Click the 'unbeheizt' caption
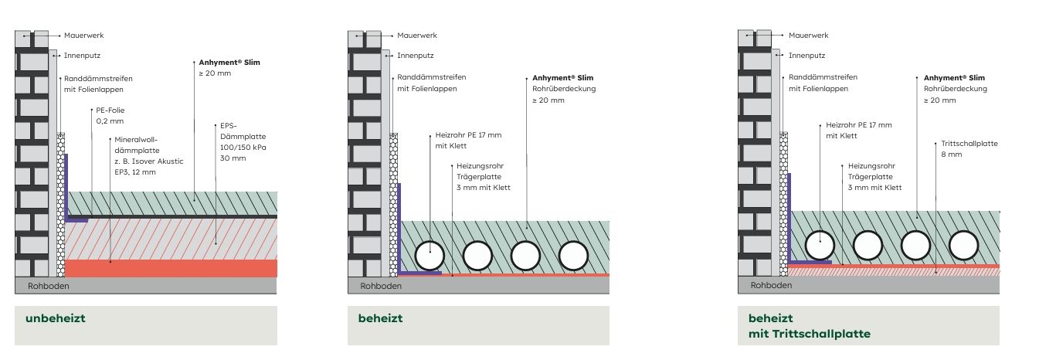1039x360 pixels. pyautogui.click(x=55, y=318)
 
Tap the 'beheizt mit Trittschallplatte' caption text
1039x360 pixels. pyautogui.click(x=809, y=326)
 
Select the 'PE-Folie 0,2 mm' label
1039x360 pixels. pyautogui.click(x=110, y=116)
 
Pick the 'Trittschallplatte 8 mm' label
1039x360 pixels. pyautogui.click(x=969, y=149)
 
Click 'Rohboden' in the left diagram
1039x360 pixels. pyautogui.click(x=48, y=286)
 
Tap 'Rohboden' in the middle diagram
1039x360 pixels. pyautogui.click(x=381, y=286)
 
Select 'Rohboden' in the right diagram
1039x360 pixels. pyautogui.click(x=771, y=285)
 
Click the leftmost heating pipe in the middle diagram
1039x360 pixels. pyautogui.click(x=429, y=255)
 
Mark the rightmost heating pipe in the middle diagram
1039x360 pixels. pyautogui.click(x=573, y=255)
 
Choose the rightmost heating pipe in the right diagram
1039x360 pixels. pyautogui.click(x=963, y=245)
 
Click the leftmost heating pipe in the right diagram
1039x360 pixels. pyautogui.click(x=820, y=245)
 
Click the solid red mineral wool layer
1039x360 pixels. pyautogui.click(x=171, y=268)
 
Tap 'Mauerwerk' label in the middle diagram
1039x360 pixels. pyautogui.click(x=417, y=36)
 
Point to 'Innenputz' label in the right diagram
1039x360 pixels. pyautogui.click(x=806, y=55)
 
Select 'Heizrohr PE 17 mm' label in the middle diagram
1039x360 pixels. pyautogui.click(x=468, y=135)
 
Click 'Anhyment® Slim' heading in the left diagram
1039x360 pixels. pyautogui.click(x=229, y=62)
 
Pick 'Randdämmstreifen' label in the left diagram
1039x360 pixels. pyautogui.click(x=98, y=78)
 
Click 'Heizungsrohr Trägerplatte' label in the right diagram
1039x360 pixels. pyautogui.click(x=871, y=172)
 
